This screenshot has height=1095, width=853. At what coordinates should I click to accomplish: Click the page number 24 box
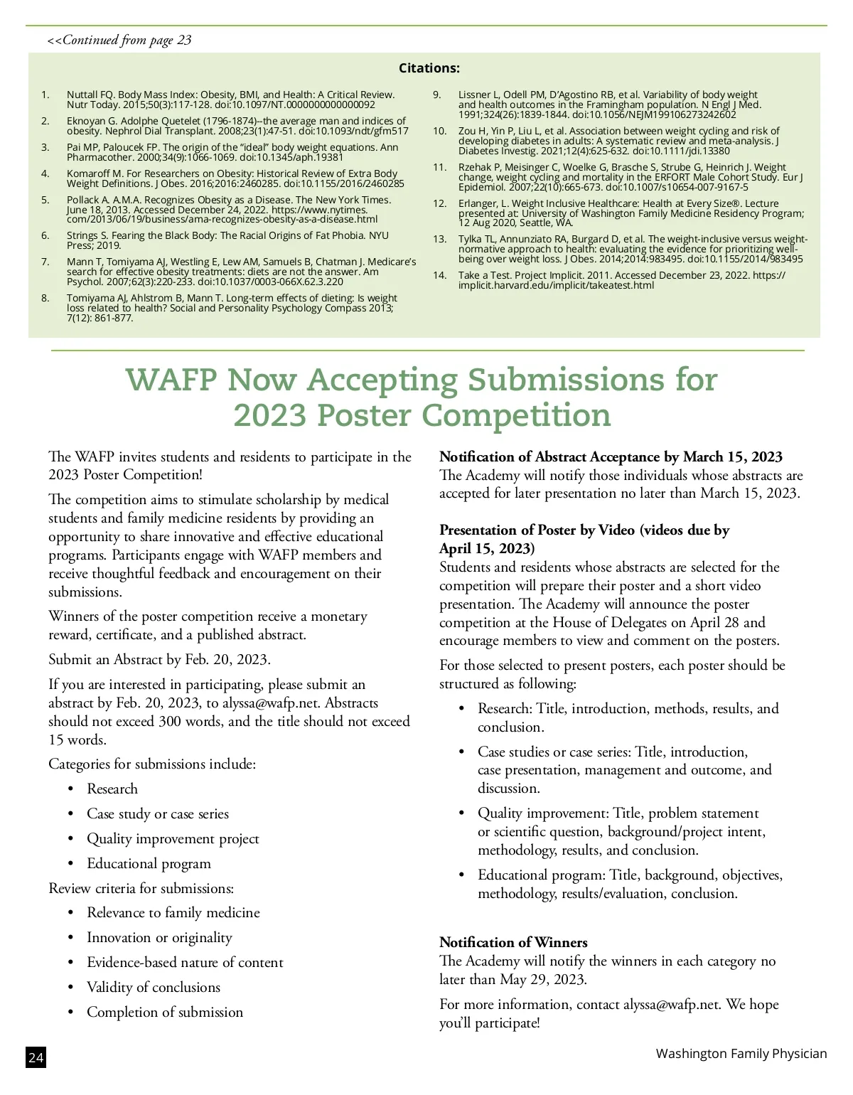[36, 1058]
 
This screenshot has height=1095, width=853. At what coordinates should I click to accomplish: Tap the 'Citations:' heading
[429, 68]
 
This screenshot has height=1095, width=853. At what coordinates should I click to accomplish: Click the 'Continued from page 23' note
[119, 40]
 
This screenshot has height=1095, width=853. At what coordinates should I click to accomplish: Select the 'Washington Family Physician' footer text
[741, 1053]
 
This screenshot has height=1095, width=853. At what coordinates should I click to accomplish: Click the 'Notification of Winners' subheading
[513, 942]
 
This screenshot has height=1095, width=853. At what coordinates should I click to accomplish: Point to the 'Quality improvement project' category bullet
[173, 838]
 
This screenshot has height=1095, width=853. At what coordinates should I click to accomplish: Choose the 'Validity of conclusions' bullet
[153, 987]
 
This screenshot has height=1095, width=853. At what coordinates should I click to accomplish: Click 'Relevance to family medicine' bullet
[173, 912]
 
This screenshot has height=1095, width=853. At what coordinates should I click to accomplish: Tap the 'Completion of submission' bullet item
[164, 1012]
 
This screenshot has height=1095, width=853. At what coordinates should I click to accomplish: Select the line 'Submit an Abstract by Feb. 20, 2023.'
[159, 659]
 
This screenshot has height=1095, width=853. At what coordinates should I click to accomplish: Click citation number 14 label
[440, 275]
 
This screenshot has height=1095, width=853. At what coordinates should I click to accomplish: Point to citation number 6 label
[45, 235]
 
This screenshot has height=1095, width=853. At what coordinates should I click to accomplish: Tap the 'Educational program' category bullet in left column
[149, 863]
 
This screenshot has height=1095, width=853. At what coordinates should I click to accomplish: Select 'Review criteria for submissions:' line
[141, 888]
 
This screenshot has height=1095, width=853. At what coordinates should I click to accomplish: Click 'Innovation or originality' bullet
[159, 937]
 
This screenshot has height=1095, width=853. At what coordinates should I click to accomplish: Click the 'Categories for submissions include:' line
[152, 764]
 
